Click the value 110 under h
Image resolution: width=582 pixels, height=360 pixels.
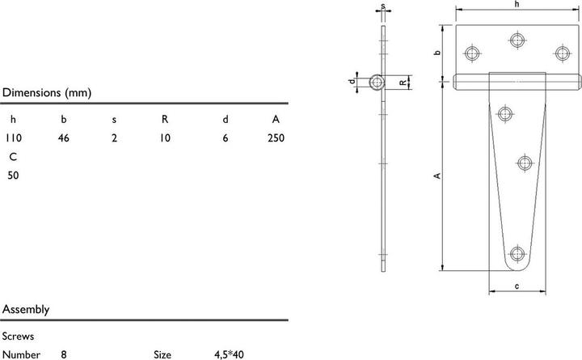(x=14, y=138)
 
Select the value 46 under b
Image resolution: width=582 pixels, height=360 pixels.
(x=64, y=138)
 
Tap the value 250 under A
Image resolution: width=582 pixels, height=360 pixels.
(x=276, y=138)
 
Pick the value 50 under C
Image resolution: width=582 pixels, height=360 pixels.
(x=13, y=176)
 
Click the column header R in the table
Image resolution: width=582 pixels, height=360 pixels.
(x=165, y=119)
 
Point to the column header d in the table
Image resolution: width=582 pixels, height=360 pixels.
(x=226, y=119)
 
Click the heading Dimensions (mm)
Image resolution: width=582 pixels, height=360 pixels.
(x=47, y=92)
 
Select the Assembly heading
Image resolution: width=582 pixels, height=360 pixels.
(x=26, y=310)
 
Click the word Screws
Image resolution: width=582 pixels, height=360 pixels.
(x=18, y=337)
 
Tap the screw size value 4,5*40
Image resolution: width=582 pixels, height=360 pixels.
(x=229, y=355)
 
